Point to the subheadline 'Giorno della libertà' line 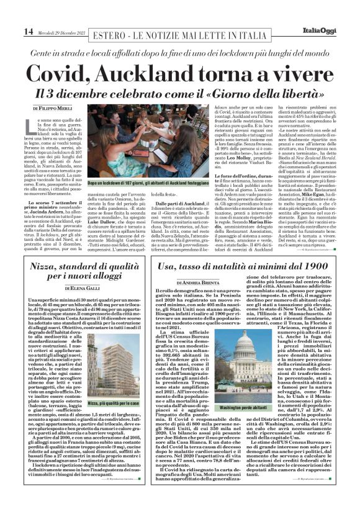(180, 94)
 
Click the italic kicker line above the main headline (180, 55)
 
